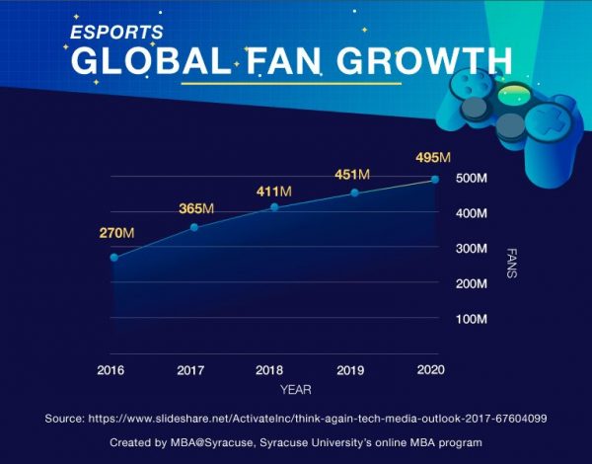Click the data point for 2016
113,258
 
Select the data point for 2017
194,228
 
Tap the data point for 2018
275,207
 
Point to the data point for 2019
355,193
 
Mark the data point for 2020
435,180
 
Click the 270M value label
115,233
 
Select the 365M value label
196,208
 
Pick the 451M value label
352,175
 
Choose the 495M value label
432,157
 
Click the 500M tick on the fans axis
470,178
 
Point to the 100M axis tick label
470,319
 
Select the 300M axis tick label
470,248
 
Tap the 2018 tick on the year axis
269,370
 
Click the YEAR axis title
295,389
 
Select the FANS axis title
510,263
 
